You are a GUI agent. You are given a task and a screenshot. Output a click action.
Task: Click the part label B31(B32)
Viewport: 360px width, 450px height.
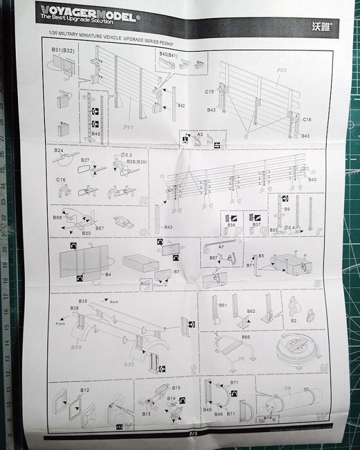pyautogui.click(x=64, y=51)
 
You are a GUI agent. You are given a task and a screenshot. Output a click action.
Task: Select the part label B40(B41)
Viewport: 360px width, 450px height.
pyautogui.click(x=169, y=54)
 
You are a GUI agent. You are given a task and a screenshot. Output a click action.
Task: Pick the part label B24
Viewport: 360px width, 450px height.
pyautogui.click(x=59, y=151)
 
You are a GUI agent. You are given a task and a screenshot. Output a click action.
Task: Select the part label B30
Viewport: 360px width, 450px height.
pyautogui.click(x=86, y=232)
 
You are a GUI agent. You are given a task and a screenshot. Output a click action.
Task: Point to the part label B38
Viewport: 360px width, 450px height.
pyautogui.click(x=231, y=224)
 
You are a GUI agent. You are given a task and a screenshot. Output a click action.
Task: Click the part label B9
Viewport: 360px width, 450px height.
pyautogui.click(x=286, y=209)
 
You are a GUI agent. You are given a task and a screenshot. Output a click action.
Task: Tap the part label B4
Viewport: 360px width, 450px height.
pyautogui.click(x=107, y=274)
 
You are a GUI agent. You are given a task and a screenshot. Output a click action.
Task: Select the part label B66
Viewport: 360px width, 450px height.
pyautogui.click(x=245, y=336)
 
